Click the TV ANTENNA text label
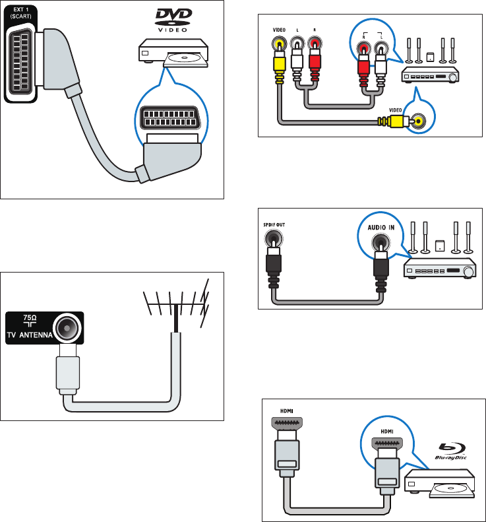point(29,335)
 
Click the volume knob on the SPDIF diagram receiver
point(469,271)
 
